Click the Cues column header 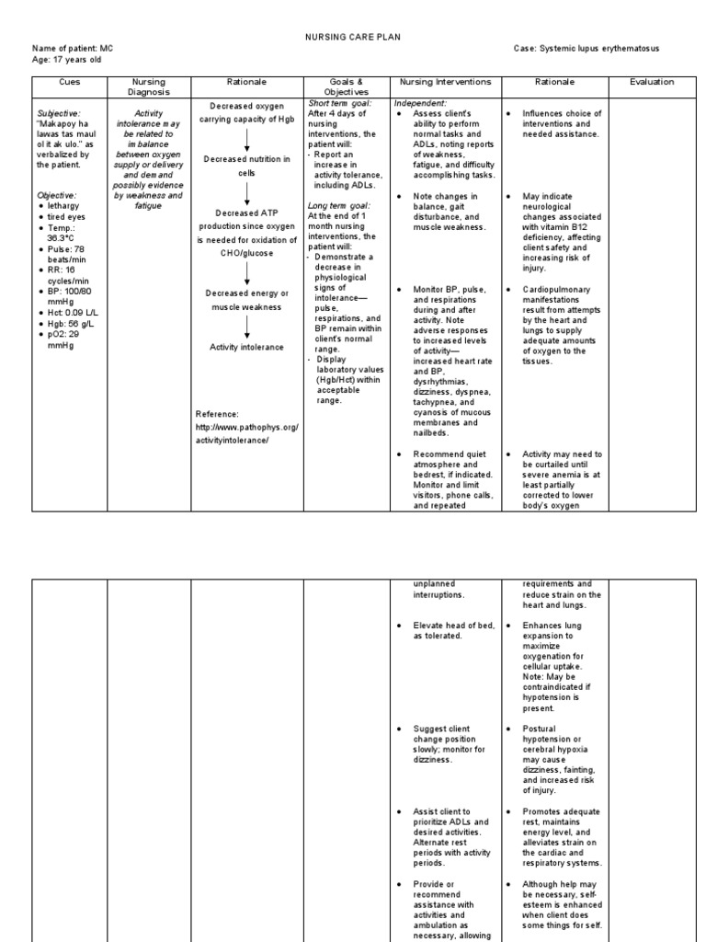70,82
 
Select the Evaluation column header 652,82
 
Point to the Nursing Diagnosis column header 149,86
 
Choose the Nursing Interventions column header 447,82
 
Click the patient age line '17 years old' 66,58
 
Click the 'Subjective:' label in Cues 60,114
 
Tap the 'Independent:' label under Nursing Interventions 420,104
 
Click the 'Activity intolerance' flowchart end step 246,347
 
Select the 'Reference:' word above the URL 217,414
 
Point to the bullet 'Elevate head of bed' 454,630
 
